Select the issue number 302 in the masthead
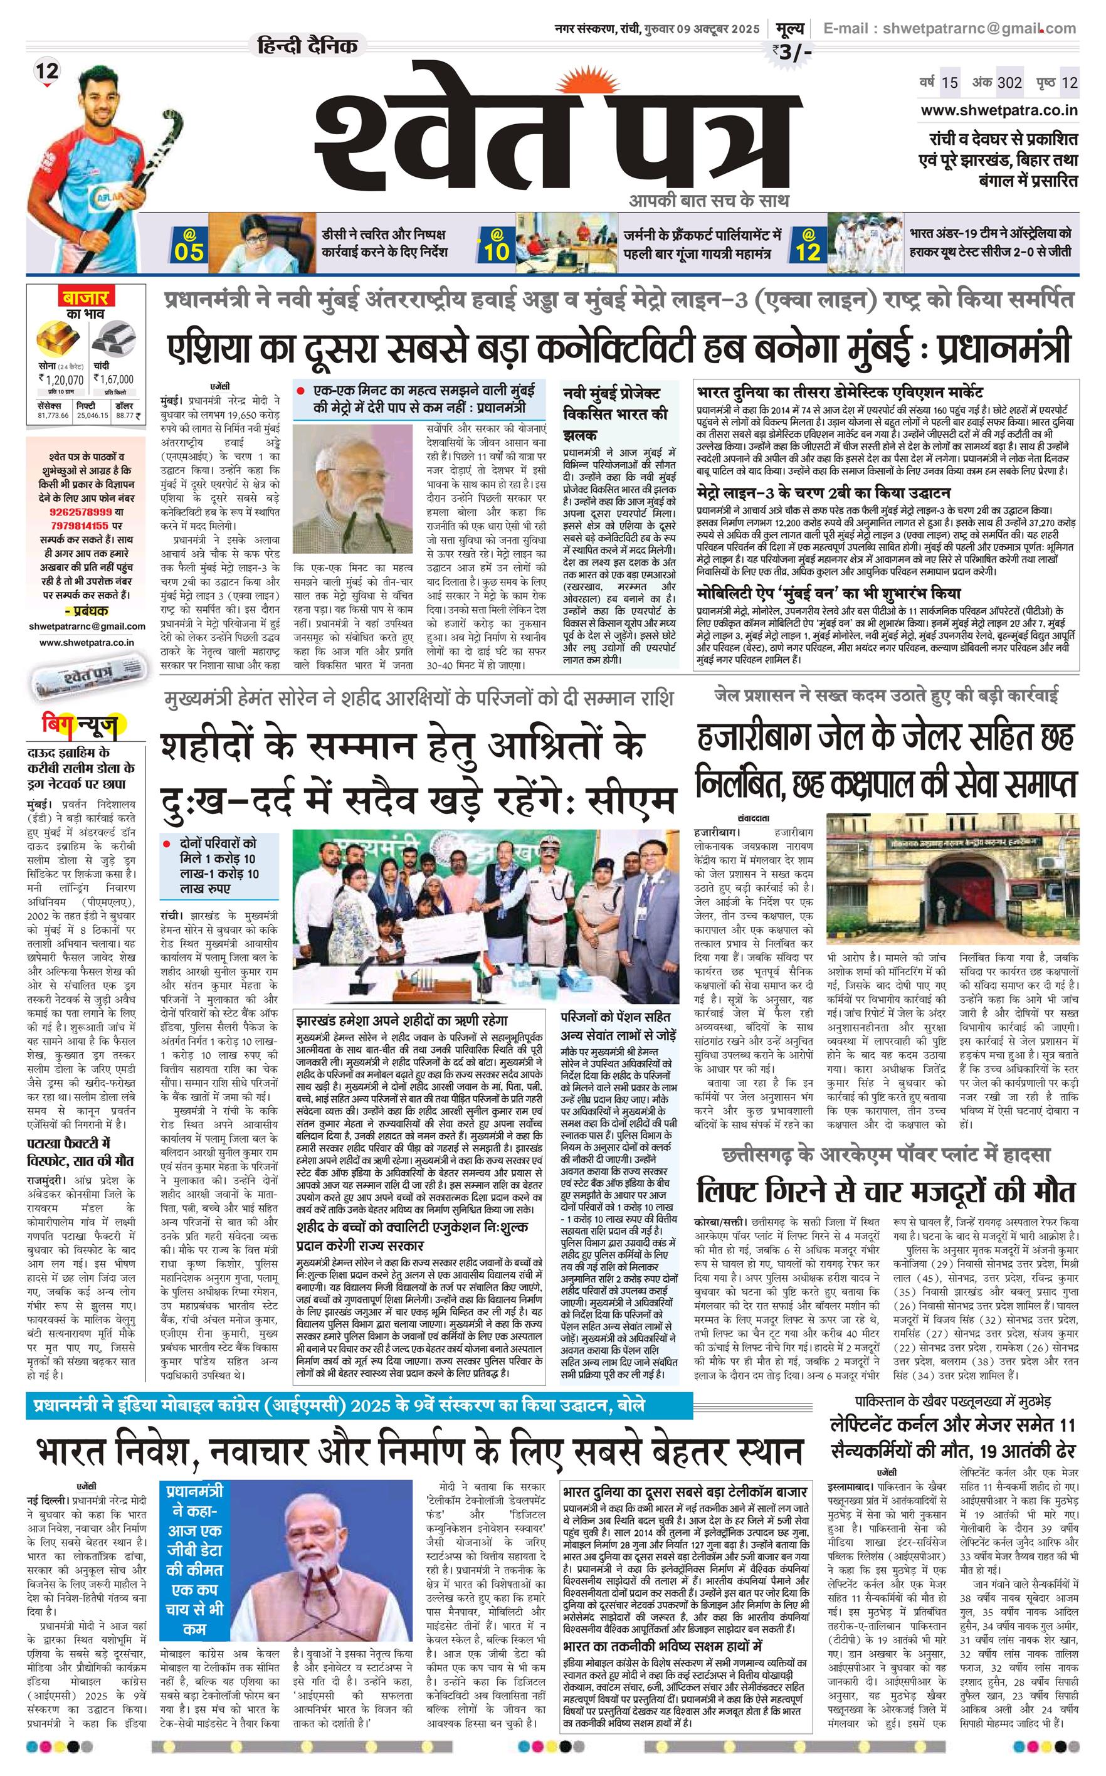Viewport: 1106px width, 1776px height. tap(1009, 82)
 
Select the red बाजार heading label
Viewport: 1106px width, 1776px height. tap(85, 299)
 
